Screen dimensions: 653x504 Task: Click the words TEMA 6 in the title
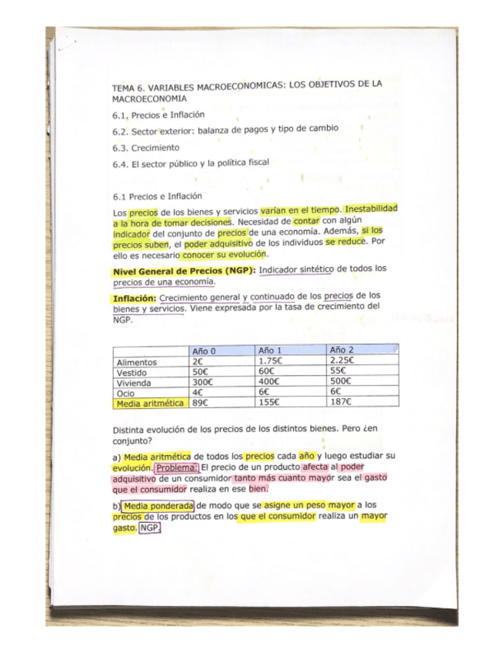[130, 89]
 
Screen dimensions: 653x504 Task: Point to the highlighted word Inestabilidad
[372, 209]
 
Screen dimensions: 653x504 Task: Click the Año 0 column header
[204, 350]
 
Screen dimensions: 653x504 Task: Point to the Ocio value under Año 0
[198, 391]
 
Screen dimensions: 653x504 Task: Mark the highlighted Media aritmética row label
[149, 402]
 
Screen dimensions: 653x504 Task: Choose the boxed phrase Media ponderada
[159, 505]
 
